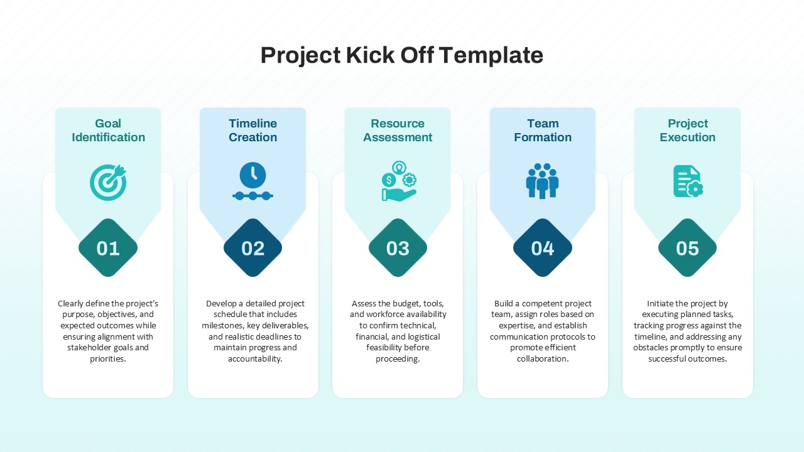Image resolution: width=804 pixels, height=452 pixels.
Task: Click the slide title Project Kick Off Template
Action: [401, 55]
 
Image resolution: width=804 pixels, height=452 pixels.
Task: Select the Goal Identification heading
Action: [108, 131]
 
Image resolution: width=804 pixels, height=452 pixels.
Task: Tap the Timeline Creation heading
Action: [253, 131]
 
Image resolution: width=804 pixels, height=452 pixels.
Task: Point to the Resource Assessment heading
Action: [398, 131]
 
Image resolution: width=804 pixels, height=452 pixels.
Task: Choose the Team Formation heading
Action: [543, 131]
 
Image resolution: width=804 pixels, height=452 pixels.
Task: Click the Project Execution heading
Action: [687, 131]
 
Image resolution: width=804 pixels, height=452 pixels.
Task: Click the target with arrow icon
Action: [108, 182]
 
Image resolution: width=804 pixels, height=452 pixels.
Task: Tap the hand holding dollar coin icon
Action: [398, 181]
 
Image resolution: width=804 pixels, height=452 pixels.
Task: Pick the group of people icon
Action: [543, 181]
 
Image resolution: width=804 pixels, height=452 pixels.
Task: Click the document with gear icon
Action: [687, 181]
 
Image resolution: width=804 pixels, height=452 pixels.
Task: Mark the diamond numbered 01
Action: [108, 248]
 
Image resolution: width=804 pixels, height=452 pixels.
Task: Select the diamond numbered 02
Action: [253, 248]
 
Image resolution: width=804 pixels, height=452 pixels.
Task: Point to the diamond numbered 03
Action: [398, 248]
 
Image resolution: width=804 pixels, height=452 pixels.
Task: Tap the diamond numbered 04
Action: [543, 248]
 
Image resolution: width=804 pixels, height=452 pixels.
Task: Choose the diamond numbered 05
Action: [687, 248]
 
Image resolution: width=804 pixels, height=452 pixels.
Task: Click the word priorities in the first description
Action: [107, 359]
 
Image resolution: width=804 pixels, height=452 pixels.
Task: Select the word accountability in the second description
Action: [254, 359]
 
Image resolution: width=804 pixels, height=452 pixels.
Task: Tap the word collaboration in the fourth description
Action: [542, 359]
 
